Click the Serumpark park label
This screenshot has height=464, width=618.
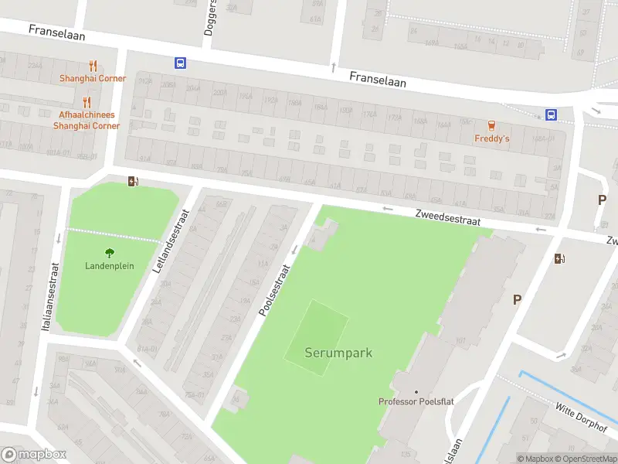[x=338, y=353]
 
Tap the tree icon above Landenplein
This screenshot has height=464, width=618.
[x=110, y=252]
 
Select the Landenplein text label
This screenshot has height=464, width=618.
[x=110, y=266]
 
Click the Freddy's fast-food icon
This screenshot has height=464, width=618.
[x=491, y=126]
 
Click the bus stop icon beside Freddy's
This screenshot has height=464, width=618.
[x=551, y=114]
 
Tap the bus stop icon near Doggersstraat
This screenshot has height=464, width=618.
[x=180, y=63]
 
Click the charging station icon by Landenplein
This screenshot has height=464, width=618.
[x=133, y=182]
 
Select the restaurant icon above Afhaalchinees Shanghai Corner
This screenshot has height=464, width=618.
[x=87, y=102]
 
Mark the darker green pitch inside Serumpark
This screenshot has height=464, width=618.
[x=317, y=339]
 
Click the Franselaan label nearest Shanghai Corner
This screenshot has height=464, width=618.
[x=56, y=32]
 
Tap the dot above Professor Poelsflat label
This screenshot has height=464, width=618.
[x=416, y=392]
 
